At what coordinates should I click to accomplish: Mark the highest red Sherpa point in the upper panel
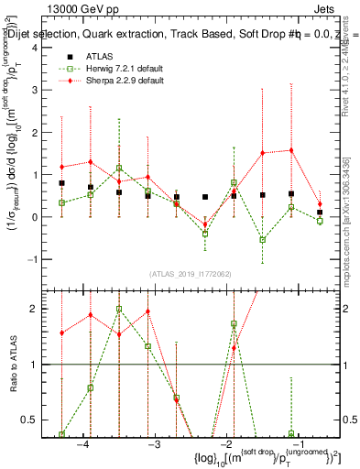291,150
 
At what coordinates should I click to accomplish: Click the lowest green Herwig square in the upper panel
263,240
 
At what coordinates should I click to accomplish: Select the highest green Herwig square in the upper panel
119,168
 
